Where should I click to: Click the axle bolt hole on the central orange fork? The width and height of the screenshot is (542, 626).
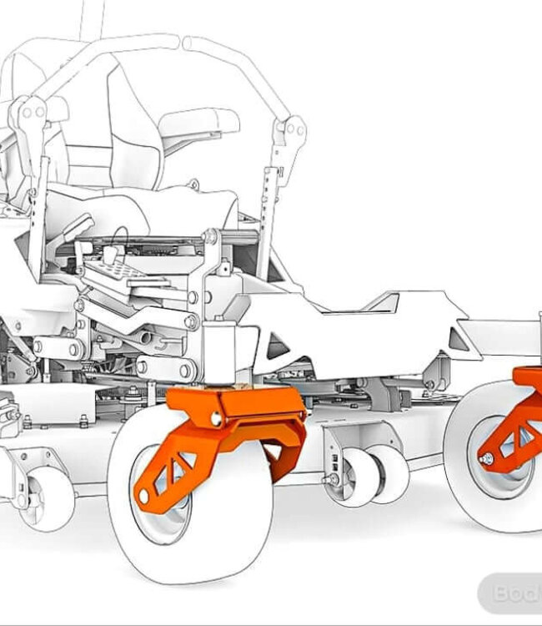[143, 497]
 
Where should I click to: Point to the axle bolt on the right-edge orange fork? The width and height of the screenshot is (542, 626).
[484, 457]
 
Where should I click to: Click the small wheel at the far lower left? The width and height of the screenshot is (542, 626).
[46, 497]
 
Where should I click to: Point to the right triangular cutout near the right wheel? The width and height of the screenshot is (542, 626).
[458, 338]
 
